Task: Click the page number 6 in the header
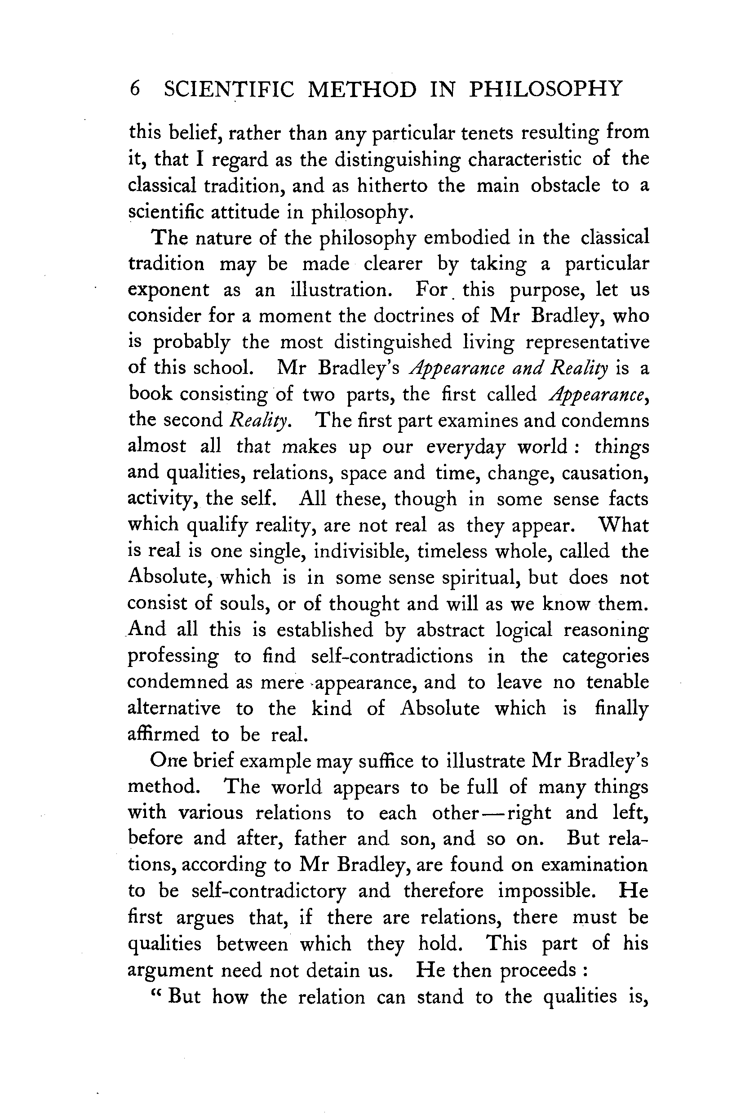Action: pos(134,89)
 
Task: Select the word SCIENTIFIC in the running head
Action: pos(229,89)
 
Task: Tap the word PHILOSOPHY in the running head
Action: pos(545,89)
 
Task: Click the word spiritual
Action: pos(481,578)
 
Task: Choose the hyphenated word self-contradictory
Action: pos(268,891)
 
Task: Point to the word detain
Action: pos(334,970)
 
